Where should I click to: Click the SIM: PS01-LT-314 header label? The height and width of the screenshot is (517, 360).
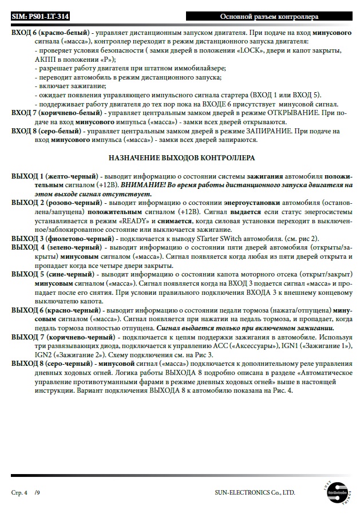(x=37, y=18)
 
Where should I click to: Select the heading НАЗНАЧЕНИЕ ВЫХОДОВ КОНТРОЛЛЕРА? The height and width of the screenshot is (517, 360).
(x=181, y=157)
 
